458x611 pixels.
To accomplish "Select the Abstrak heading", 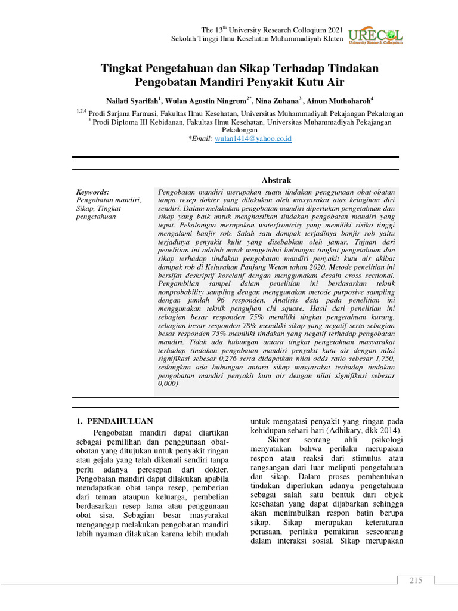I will coord(277,180).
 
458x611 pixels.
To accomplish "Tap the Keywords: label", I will coord(92,192).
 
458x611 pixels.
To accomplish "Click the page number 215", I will coord(416,581).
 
